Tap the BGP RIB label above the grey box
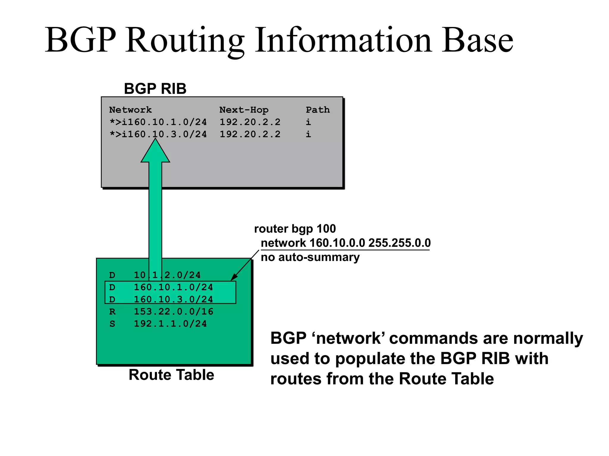coord(155,88)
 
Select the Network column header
coord(130,110)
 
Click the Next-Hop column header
coord(244,110)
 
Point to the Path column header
coord(318,110)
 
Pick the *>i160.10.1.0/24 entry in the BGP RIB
coord(158,122)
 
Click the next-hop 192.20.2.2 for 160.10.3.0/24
coord(250,134)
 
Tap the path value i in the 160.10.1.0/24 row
coord(308,122)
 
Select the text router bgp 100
coord(295,229)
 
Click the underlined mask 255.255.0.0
coord(399,243)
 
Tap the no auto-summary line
coord(310,257)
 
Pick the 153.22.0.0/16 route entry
coord(173,311)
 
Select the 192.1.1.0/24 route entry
coord(170,324)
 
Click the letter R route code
coord(112,312)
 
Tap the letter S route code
coord(112,324)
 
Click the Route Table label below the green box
coord(171,375)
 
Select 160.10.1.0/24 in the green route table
coord(173,287)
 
